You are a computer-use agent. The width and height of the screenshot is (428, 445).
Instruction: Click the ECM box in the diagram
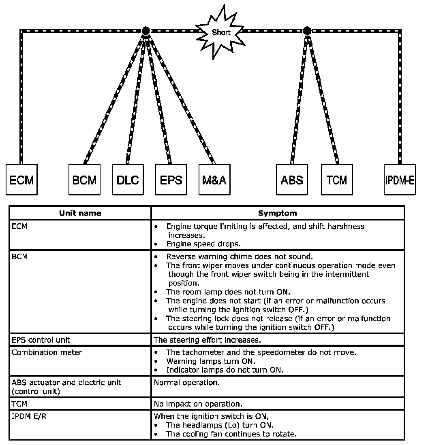pyautogui.click(x=21, y=180)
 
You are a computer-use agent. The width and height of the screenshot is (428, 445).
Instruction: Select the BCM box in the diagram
pyautogui.click(x=84, y=180)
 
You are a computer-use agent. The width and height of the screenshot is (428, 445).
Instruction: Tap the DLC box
pyautogui.click(x=128, y=180)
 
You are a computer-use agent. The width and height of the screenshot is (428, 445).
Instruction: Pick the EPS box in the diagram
pyautogui.click(x=171, y=180)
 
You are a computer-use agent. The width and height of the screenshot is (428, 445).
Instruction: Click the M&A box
pyautogui.click(x=214, y=180)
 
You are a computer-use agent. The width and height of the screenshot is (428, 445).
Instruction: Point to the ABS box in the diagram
pyautogui.click(x=292, y=180)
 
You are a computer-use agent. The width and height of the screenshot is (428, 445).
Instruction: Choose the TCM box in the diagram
pyautogui.click(x=337, y=180)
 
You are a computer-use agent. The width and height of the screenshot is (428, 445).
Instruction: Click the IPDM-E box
pyautogui.click(x=400, y=180)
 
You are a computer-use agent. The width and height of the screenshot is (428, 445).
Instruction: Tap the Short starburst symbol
pyautogui.click(x=221, y=32)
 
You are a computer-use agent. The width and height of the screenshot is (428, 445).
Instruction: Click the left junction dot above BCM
pyautogui.click(x=146, y=31)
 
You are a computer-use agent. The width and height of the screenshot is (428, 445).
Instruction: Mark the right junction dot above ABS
pyautogui.click(x=307, y=31)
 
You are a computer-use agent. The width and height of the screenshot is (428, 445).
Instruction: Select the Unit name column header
pyautogui.click(x=80, y=213)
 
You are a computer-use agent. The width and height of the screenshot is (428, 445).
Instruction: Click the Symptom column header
pyautogui.click(x=278, y=213)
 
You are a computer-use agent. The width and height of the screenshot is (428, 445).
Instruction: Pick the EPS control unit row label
pyautogui.click(x=41, y=339)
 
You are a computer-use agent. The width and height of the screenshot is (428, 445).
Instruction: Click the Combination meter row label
pyautogui.click(x=47, y=352)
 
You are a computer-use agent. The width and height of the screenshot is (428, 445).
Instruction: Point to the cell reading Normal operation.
pyautogui.click(x=187, y=382)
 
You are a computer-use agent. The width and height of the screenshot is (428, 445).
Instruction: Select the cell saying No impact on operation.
pyautogui.click(x=198, y=404)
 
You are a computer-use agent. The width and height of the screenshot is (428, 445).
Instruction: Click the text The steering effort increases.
pyautogui.click(x=207, y=339)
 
